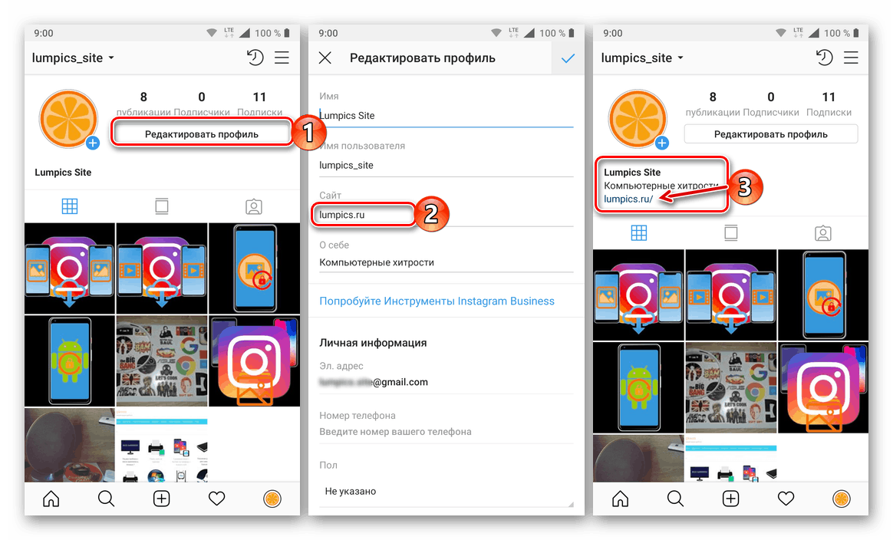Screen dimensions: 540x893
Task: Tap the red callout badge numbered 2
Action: click(431, 214)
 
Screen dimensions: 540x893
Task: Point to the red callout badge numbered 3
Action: click(743, 187)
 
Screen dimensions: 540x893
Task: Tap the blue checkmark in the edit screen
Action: click(568, 58)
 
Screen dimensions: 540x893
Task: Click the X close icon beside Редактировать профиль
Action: click(325, 58)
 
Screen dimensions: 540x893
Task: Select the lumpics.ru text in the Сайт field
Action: click(342, 215)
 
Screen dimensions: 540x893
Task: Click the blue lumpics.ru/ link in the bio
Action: click(628, 199)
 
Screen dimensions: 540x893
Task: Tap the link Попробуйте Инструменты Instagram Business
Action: click(437, 301)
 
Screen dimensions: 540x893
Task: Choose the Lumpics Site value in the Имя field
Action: click(348, 116)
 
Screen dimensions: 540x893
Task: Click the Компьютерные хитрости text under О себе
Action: click(377, 262)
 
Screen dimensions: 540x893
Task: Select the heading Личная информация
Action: click(373, 343)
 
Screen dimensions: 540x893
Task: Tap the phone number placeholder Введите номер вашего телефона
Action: click(395, 432)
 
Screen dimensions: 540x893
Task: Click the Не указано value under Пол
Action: click(351, 491)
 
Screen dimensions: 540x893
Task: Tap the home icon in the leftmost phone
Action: click(51, 499)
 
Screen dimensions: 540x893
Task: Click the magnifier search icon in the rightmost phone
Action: click(675, 499)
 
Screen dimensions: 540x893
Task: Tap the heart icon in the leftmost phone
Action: click(217, 499)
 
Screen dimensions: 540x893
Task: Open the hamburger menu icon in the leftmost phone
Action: click(282, 58)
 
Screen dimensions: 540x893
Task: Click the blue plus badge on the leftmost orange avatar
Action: click(93, 143)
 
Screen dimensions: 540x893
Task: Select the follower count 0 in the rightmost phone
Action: click(770, 97)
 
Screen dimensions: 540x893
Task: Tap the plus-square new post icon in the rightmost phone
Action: click(730, 499)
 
